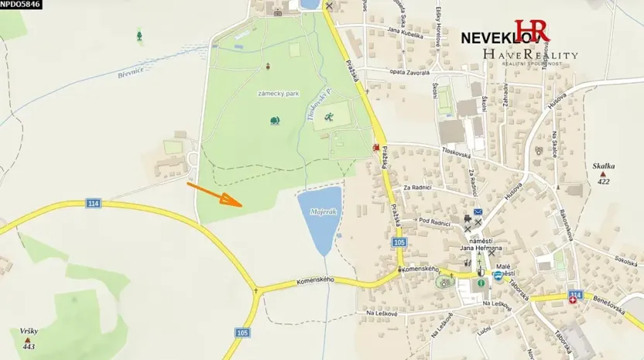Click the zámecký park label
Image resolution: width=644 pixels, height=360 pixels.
click(278, 93)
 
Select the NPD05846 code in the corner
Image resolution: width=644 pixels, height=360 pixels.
click(21, 5)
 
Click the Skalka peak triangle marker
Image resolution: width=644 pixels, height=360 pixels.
click(603, 174)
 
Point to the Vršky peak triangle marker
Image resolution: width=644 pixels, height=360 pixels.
click(28, 339)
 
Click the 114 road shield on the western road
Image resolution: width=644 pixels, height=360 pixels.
click(93, 204)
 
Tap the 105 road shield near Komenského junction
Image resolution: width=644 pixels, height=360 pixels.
click(399, 242)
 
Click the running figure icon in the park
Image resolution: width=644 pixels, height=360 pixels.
click(330, 117)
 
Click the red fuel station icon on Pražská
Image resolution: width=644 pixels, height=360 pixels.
click(377, 146)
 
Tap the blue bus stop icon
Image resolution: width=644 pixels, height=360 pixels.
click(497, 276)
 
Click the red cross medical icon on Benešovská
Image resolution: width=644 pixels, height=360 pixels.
click(574, 300)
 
